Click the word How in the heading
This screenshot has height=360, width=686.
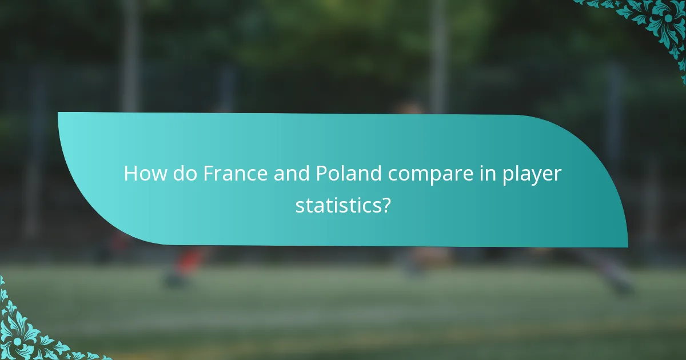[142, 174]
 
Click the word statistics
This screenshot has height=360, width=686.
[336, 205]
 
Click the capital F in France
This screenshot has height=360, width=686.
[209, 174]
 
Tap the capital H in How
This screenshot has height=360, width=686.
[131, 174]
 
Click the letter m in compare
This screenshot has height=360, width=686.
[424, 175]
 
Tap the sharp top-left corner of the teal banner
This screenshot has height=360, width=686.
[59, 113]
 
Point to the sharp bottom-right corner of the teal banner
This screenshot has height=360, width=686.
[627, 246]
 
